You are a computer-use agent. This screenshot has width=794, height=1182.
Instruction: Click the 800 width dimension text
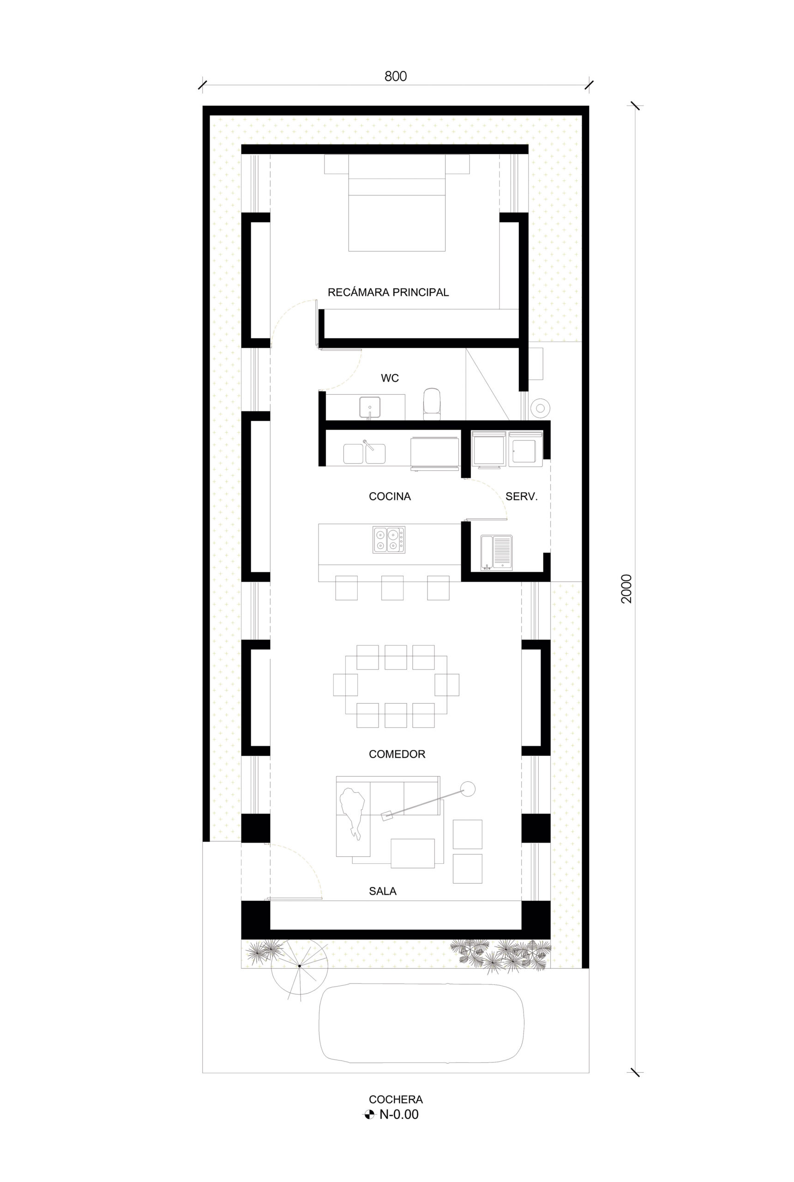(x=396, y=77)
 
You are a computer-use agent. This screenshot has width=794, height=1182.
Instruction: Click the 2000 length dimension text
(x=627, y=589)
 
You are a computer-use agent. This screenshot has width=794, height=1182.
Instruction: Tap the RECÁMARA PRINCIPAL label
(x=388, y=292)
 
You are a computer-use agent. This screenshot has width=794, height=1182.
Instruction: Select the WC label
(x=390, y=378)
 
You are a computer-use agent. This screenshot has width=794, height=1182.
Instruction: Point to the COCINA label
(x=390, y=496)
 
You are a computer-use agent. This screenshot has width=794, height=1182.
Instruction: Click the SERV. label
(x=521, y=496)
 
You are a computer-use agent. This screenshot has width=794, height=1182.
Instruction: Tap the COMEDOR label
(x=397, y=754)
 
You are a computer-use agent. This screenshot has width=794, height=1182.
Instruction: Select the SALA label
(x=382, y=891)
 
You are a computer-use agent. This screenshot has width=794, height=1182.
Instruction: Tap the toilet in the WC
(x=432, y=404)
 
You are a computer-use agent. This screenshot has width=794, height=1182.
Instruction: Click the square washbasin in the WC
(x=370, y=407)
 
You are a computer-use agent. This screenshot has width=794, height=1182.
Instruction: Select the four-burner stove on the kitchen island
(x=389, y=540)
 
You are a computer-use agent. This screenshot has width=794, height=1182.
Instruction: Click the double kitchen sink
(x=364, y=453)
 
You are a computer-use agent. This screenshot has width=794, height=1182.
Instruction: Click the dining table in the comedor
(x=396, y=685)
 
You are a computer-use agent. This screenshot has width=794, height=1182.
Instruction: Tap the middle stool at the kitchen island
(x=392, y=587)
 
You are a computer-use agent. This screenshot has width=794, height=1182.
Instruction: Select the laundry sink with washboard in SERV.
(x=496, y=553)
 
